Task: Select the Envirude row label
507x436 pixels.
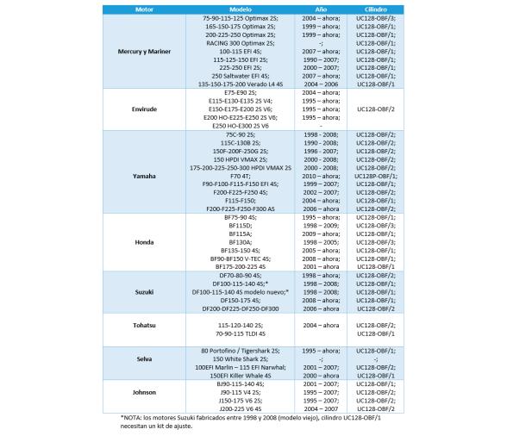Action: pyautogui.click(x=143, y=109)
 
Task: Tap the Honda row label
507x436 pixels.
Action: pyautogui.click(x=143, y=244)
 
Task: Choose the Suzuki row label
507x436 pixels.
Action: pyautogui.click(x=143, y=293)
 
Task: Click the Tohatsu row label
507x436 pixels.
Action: pyautogui.click(x=143, y=327)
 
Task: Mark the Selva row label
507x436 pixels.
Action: pyautogui.click(x=143, y=358)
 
